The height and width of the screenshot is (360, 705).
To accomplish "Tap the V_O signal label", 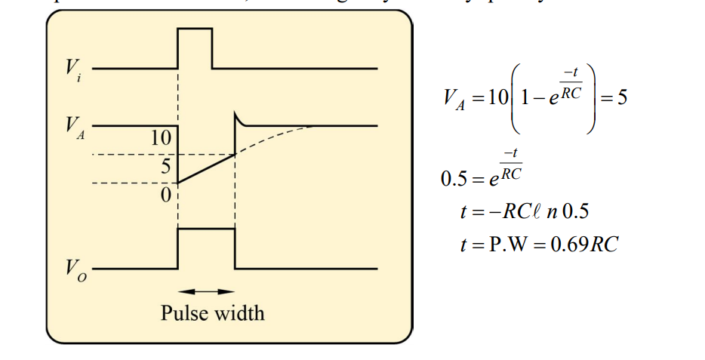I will (x=72, y=269).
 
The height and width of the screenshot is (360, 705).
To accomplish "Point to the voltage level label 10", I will (x=162, y=138).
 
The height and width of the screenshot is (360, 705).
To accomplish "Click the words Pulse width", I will (x=212, y=312).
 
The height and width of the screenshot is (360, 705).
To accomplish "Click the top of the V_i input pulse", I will (x=195, y=29).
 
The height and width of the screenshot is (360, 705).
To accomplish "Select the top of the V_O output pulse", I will (x=206, y=229).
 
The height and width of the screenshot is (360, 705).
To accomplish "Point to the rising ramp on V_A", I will (x=205, y=168).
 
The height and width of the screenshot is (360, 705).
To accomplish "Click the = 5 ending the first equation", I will (x=614, y=98).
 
